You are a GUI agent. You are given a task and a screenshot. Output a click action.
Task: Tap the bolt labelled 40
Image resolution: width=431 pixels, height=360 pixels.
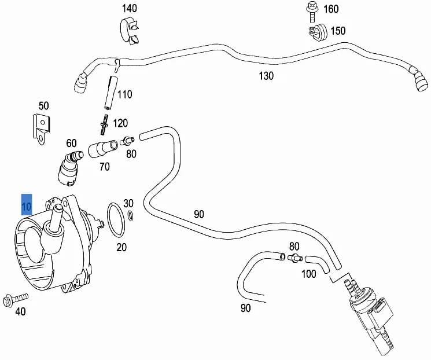15,300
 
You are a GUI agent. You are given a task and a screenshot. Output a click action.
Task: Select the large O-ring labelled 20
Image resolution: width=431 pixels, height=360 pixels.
116,221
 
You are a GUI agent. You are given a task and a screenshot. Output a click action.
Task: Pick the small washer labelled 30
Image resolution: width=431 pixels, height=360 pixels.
131,216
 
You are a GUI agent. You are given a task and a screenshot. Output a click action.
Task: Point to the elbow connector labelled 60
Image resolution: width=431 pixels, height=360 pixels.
69,168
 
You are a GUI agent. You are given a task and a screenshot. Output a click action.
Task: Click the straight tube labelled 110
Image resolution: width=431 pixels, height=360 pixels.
111,93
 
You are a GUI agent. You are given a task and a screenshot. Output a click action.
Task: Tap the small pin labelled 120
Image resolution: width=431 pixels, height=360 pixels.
104,124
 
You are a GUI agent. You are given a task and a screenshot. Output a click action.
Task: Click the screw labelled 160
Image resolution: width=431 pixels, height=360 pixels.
312,12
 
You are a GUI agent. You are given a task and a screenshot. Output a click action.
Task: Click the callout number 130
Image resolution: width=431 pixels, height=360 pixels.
266,76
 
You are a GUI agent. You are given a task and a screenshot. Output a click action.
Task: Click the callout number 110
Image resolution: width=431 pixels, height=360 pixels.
125,94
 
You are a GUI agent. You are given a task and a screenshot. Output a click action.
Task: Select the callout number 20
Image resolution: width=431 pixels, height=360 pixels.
121,247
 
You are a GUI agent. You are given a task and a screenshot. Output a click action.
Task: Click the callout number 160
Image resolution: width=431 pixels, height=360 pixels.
331,9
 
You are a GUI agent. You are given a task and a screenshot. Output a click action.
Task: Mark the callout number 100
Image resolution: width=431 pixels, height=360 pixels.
309,274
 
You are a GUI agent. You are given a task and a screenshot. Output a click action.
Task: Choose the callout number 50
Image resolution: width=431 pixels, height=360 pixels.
44,105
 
